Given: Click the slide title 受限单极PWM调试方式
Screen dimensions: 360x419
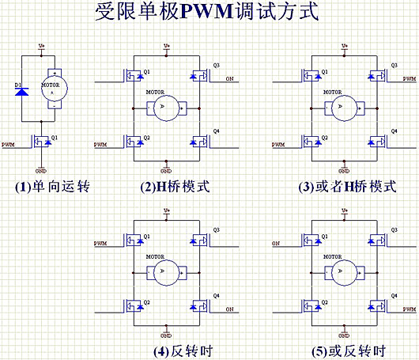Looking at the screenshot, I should click(209, 13).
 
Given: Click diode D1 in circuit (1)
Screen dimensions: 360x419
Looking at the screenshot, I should click(21, 93).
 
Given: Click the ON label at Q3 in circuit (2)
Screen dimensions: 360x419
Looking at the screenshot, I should click(229, 79).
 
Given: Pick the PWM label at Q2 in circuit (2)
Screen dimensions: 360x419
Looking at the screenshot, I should click(100, 145).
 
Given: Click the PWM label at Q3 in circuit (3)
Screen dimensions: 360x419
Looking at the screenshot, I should click(409, 79).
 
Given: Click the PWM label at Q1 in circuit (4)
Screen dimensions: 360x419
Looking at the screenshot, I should click(100, 242).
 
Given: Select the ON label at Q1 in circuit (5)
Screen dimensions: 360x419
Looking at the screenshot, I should click(276, 242).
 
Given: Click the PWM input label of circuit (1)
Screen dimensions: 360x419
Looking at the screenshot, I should click(9, 145).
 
